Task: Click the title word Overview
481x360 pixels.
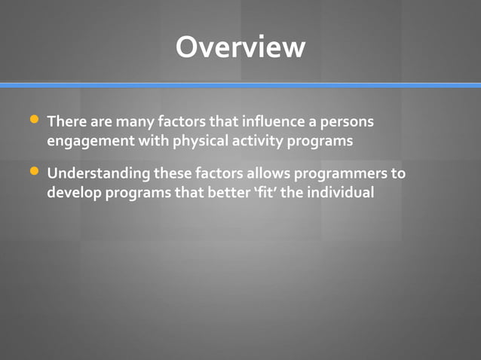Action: pos(240,47)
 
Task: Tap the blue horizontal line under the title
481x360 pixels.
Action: pos(240,85)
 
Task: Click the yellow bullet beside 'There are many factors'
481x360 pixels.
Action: pos(33,120)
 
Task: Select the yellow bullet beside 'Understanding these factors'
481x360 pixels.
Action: pos(33,172)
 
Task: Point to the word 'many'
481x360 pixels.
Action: pos(134,121)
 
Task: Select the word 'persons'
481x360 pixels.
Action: pos(345,121)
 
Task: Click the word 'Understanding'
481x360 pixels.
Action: pos(98,174)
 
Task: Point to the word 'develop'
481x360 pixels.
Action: pos(73,193)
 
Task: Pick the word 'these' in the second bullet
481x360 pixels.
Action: pos(173,174)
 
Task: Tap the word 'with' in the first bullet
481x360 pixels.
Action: pos(156,141)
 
